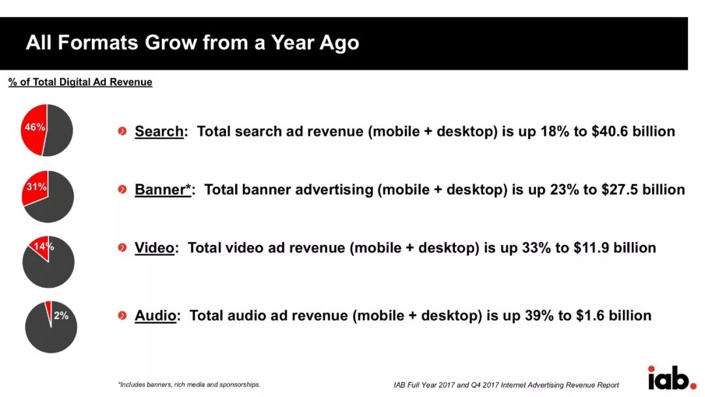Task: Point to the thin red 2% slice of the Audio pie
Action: pos(48,310)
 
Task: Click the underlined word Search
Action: pos(159,131)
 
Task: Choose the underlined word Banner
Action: pos(163,189)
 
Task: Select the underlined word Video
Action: pos(154,247)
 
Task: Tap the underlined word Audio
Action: pos(155,315)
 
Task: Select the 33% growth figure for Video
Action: pos(536,247)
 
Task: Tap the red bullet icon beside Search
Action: pos(122,131)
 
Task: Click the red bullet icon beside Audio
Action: pos(122,315)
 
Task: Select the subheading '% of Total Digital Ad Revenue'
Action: pos(80,82)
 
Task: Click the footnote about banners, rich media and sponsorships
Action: pos(189,385)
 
